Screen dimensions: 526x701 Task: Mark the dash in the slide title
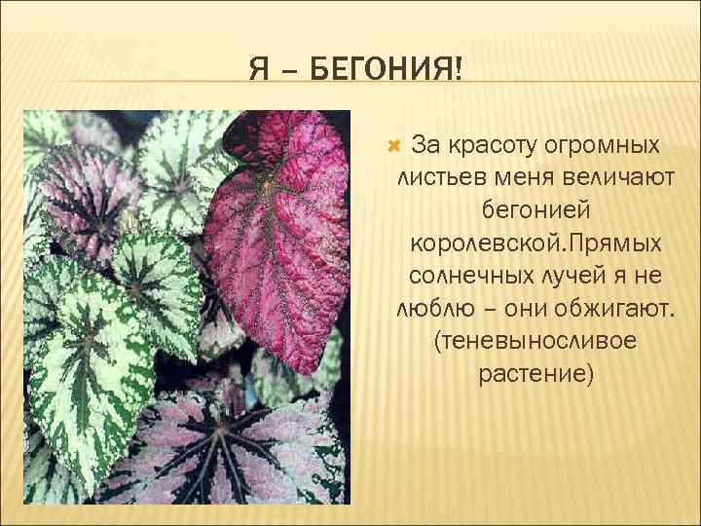[x=288, y=70]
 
